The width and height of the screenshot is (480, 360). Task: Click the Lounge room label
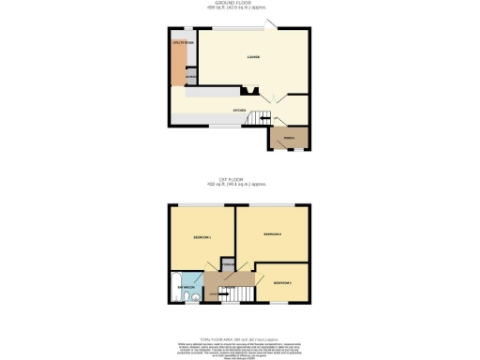[x=253, y=58]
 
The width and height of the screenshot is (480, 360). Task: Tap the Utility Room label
[x=182, y=43]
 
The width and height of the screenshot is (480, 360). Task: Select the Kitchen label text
[x=239, y=111]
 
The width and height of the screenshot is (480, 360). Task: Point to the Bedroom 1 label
[x=202, y=238]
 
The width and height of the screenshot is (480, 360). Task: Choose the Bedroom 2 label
[x=273, y=232]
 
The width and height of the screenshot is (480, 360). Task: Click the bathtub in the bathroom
[x=175, y=289]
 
